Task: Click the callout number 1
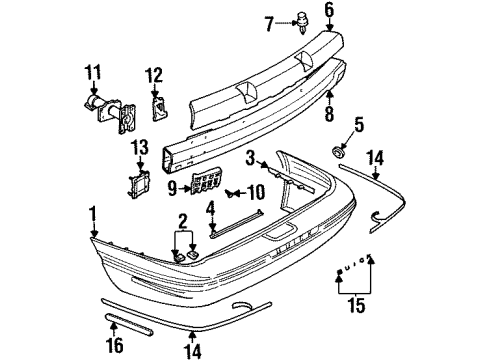pyautogui.click(x=94, y=213)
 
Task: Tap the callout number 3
pyautogui.click(x=251, y=158)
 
